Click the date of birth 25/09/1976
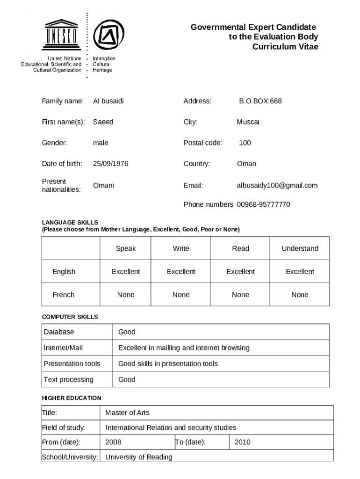pyautogui.click(x=110, y=164)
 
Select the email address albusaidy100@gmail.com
pyautogui.click(x=277, y=185)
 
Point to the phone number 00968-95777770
pyautogui.click(x=263, y=204)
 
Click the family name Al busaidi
pyautogui.click(x=108, y=101)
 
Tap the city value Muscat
pyautogui.click(x=248, y=122)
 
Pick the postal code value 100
pyautogui.click(x=245, y=143)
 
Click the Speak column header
pyautogui.click(x=126, y=248)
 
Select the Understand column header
pyautogui.click(x=300, y=248)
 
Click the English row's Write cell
pyautogui.click(x=181, y=271)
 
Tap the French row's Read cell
pyautogui.click(x=240, y=295)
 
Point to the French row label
pyautogui.click(x=64, y=295)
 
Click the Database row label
pyautogui.click(x=59, y=332)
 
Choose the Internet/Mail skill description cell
pyautogui.click(x=184, y=348)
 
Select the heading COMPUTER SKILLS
pyautogui.click(x=70, y=317)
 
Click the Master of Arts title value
pyautogui.click(x=127, y=413)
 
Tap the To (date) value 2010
pyautogui.click(x=243, y=442)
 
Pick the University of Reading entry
pyautogui.click(x=139, y=457)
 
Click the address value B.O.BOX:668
pyautogui.click(x=260, y=101)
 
